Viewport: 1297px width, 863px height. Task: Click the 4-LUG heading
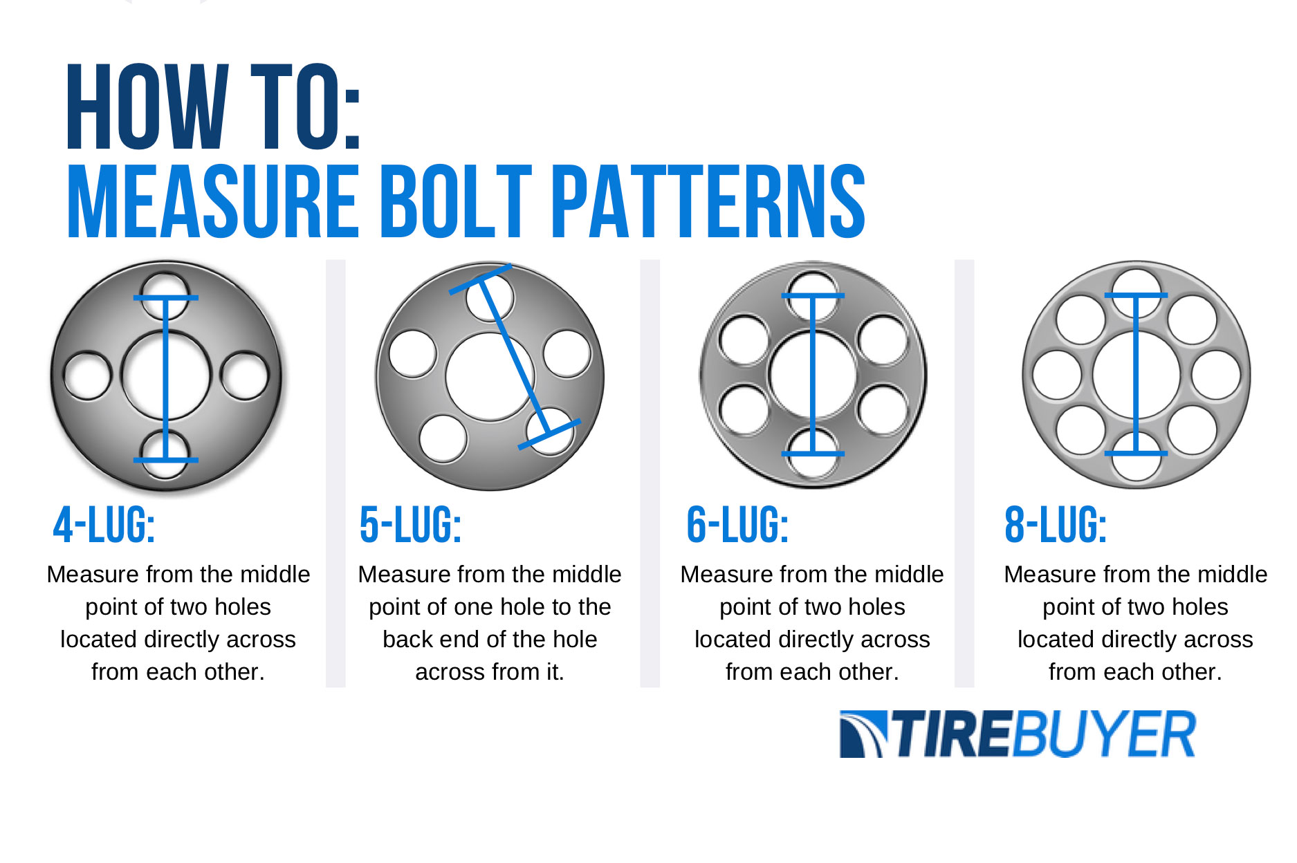pos(104,525)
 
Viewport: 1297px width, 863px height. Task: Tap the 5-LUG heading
pos(410,525)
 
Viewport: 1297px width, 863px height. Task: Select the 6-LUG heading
pos(737,525)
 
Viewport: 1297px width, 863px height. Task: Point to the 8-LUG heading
pos(1056,525)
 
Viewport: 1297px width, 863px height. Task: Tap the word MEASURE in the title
pos(211,202)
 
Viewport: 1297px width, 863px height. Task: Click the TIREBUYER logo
pos(1017,734)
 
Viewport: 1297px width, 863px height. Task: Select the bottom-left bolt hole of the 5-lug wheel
pos(443,438)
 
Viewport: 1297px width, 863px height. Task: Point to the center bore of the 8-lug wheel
pos(1114,375)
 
